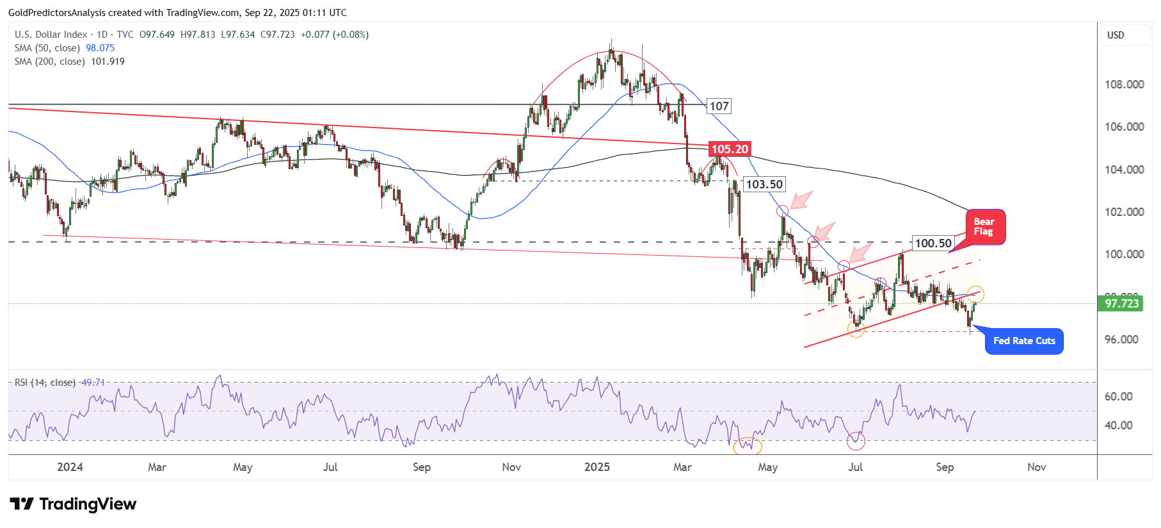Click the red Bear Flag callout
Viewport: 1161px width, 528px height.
coord(985,227)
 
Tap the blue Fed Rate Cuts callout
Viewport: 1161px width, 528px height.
coord(1023,341)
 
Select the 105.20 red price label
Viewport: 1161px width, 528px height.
coord(730,149)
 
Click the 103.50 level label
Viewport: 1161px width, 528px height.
coord(764,185)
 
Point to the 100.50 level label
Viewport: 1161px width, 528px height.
coord(933,243)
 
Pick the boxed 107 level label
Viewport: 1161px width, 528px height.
coord(719,106)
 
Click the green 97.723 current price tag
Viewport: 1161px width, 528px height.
coord(1122,303)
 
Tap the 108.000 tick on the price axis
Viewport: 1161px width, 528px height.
coord(1124,85)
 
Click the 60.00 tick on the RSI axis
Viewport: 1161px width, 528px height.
coord(1118,397)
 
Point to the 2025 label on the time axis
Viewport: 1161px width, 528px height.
coord(597,467)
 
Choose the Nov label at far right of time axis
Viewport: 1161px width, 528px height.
coord(1036,467)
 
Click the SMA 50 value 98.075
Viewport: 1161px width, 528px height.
coord(100,48)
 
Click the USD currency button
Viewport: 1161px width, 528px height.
coord(1116,35)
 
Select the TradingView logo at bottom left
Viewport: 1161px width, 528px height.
coord(73,504)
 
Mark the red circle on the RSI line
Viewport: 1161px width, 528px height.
coord(856,441)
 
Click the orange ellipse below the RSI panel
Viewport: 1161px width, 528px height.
coord(747,446)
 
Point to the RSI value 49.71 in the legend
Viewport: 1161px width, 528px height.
coord(93,383)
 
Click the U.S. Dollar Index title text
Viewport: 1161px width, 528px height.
coord(51,35)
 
